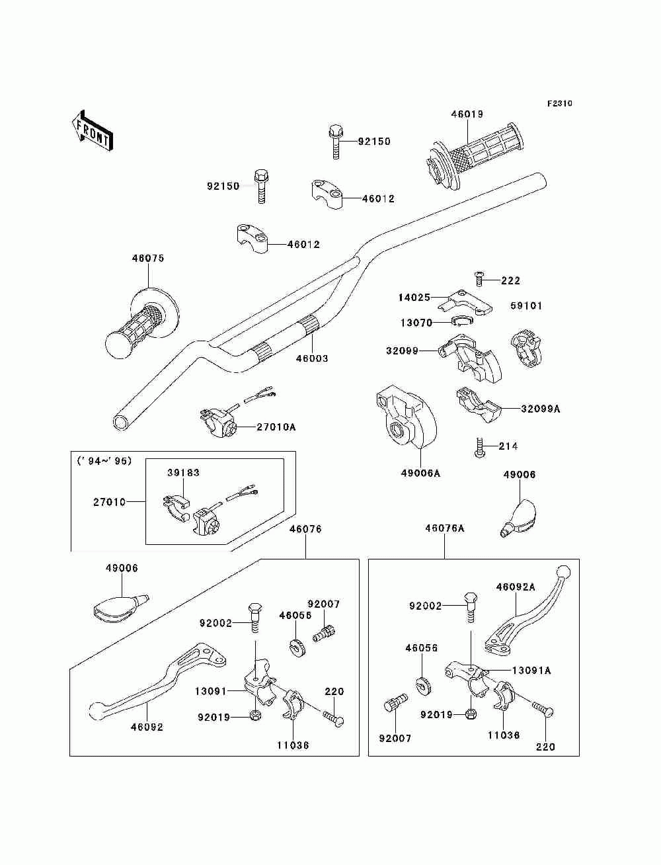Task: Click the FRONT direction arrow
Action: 93,131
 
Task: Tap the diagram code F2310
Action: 559,104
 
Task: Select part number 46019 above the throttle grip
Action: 467,114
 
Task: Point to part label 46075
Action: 148,259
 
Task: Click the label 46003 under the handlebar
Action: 312,358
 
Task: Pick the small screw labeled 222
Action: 479,278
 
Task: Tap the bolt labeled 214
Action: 479,447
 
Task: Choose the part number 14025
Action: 414,298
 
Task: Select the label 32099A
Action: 541,409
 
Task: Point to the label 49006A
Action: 420,474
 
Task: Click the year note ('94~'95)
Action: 104,461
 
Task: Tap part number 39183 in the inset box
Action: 184,472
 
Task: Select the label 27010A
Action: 276,427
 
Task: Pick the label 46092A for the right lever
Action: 516,598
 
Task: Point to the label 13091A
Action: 531,671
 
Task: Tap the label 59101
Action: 526,306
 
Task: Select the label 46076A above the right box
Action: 445,528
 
